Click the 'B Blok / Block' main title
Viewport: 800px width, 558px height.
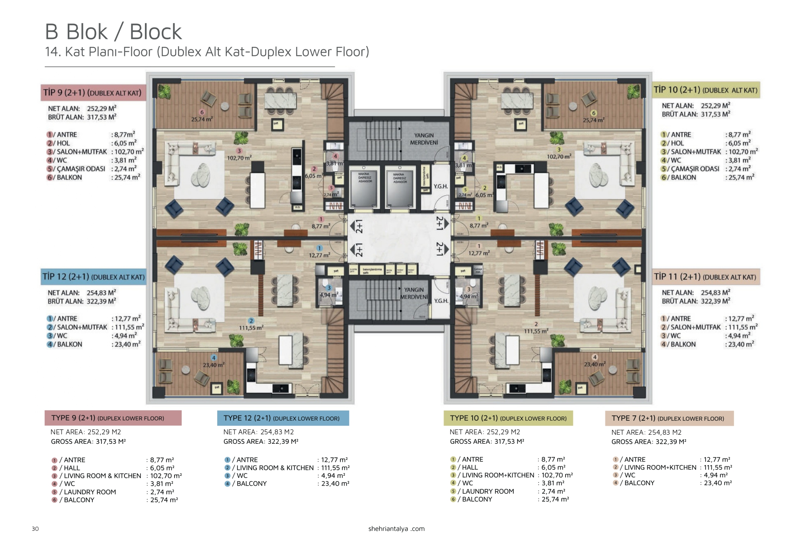113,32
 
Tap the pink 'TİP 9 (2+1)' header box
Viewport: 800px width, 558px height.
93,92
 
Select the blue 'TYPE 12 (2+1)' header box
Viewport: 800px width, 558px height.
283,418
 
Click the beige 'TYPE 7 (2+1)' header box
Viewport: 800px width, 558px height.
669,418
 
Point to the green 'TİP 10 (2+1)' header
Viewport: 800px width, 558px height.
706,90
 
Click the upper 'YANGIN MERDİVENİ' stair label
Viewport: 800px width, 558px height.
424,139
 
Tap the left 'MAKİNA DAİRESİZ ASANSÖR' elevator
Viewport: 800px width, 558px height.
364,189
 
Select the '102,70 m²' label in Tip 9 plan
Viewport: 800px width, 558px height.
239,158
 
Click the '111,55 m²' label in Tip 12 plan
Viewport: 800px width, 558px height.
251,328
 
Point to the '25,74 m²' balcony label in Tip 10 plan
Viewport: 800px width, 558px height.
593,120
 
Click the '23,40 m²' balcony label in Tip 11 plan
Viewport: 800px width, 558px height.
594,364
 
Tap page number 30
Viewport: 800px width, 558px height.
35,529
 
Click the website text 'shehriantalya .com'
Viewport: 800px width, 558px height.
396,529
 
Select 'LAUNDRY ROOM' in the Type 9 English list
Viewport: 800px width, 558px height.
90,492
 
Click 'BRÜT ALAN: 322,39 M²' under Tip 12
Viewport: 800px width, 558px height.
82,301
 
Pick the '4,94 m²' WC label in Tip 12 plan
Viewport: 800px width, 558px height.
329,295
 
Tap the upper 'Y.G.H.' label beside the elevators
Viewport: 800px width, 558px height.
440,187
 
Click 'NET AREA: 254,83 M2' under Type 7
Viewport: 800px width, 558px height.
646,432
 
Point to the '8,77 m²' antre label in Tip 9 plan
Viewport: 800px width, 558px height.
321,226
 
